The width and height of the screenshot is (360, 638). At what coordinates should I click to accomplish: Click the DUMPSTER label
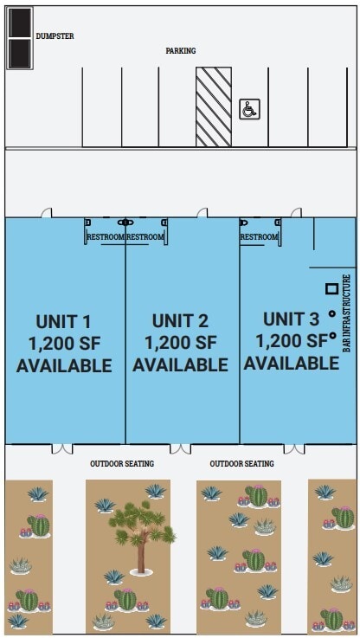55,36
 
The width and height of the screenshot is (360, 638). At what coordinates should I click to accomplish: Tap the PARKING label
181,51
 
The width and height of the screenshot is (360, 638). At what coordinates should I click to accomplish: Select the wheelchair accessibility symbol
248,109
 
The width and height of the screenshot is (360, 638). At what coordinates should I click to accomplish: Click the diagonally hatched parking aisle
213,107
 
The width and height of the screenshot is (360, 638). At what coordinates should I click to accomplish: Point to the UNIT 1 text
63,320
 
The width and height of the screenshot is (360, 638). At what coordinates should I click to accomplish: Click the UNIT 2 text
180,320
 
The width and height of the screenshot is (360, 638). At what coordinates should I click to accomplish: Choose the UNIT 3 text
291,318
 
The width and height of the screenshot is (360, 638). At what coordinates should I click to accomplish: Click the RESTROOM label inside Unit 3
259,237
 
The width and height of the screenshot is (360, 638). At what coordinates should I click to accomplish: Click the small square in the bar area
331,288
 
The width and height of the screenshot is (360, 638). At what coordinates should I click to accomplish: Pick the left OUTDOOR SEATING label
122,464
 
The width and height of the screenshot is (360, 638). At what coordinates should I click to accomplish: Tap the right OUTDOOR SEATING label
241,464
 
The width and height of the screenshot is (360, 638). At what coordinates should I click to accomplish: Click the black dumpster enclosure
19,39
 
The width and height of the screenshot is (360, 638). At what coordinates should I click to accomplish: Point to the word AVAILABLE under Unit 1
63,365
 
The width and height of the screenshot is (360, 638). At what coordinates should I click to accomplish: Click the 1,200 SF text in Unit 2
180,343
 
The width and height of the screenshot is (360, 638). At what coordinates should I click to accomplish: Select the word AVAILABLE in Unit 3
291,363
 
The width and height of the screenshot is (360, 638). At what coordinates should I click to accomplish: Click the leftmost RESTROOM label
106,237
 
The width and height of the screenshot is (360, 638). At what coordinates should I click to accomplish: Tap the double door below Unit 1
62,448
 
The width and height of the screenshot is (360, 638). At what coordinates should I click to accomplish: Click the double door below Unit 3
294,448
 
